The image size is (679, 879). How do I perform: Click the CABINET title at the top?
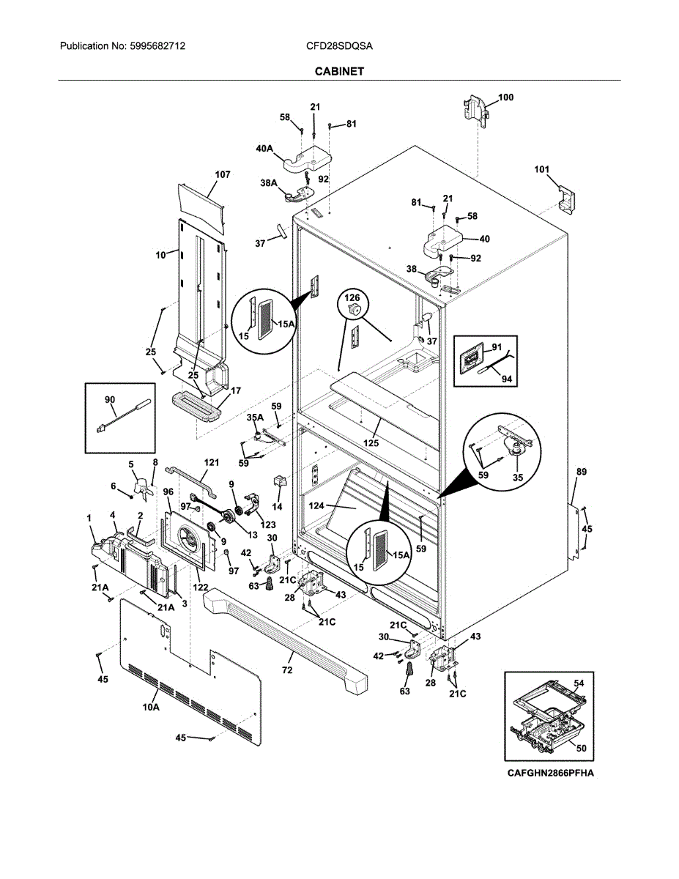coord(339,71)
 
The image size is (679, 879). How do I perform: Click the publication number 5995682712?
coord(157,46)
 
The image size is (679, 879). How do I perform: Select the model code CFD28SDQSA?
coord(339,46)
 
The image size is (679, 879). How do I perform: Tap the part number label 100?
coord(506,97)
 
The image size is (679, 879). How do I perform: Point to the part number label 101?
coord(541,170)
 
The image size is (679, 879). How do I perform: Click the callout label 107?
coord(223,174)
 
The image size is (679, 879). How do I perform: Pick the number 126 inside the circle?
coord(353,298)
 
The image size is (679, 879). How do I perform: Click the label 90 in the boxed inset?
coord(110,399)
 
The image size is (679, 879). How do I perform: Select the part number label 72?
coord(287,670)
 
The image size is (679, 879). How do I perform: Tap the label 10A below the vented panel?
coord(151,708)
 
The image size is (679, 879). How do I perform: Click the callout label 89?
coord(581,473)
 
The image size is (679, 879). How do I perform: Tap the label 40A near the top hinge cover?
coord(264,149)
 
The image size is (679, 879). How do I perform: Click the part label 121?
coord(212,464)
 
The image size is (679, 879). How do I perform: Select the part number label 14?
coord(277,506)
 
